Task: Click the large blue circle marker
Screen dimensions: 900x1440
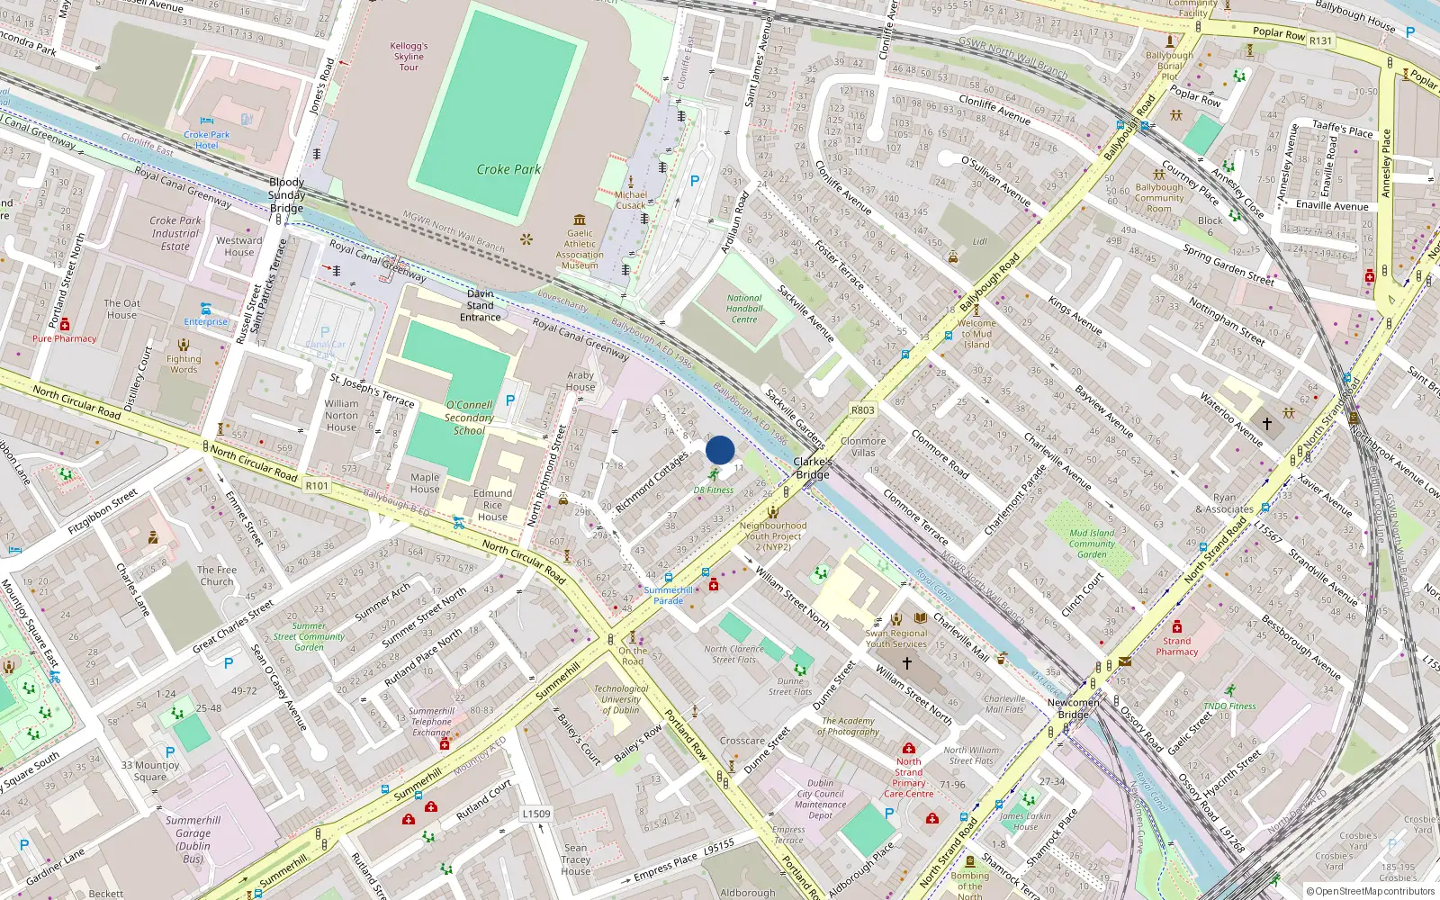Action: pos(720,450)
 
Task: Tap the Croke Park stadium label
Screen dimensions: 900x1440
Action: pos(508,169)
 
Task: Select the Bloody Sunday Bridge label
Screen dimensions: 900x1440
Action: pos(286,195)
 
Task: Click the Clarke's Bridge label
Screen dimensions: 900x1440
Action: pos(813,468)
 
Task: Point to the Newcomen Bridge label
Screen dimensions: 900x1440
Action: pos(1073,708)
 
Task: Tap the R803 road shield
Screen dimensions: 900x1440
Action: pos(862,410)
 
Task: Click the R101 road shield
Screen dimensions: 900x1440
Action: pos(317,486)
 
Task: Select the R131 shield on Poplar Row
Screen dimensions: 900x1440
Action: pos(1320,40)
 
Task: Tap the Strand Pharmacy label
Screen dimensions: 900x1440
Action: pos(1177,646)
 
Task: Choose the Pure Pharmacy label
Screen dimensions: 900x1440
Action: pos(65,338)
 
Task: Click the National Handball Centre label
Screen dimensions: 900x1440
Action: pos(744,309)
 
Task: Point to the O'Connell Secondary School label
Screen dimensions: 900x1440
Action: pos(469,418)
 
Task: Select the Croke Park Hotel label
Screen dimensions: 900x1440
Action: pos(207,139)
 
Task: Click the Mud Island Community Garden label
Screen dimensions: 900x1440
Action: pos(1092,543)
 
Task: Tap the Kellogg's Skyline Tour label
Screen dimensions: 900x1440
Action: pos(409,56)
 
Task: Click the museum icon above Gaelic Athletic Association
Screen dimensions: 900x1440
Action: pos(579,219)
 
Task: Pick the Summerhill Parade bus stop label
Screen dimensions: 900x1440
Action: pos(668,595)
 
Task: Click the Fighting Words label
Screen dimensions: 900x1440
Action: pos(184,364)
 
